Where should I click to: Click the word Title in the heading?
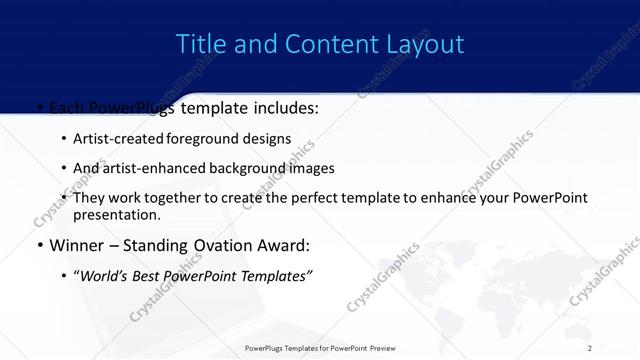[199, 44]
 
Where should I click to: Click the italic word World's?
[103, 275]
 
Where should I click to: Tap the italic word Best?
[147, 275]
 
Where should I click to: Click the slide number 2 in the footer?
[590, 348]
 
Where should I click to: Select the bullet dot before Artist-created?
[64, 139]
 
